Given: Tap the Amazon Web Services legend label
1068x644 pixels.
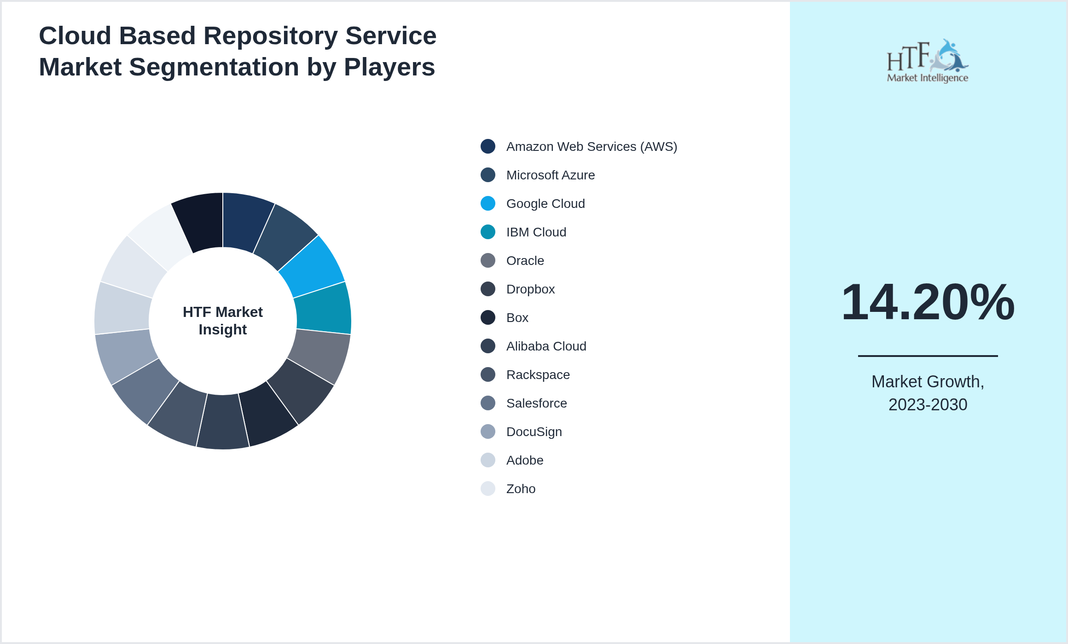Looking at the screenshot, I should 591,147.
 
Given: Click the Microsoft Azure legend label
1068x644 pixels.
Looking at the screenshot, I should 550,175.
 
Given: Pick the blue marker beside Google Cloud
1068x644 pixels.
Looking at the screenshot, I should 488,203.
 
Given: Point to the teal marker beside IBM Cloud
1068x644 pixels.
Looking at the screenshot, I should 488,232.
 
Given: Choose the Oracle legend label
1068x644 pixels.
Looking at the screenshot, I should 525,261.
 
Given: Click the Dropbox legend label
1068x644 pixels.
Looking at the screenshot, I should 530,289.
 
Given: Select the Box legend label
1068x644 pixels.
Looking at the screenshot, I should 517,318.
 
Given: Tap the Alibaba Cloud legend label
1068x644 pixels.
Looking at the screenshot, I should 546,346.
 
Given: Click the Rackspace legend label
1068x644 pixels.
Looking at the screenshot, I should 538,375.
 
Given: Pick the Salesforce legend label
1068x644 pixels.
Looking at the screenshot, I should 536,403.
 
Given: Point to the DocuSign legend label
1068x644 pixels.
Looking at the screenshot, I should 534,432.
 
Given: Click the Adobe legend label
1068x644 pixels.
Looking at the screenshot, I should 524,460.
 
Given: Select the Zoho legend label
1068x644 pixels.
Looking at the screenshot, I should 521,489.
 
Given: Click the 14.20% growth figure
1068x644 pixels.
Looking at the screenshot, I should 928,302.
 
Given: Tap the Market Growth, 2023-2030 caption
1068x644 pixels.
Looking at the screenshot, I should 928,393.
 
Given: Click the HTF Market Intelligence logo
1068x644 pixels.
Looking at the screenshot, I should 927,61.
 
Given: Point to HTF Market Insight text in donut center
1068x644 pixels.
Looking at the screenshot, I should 223,321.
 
